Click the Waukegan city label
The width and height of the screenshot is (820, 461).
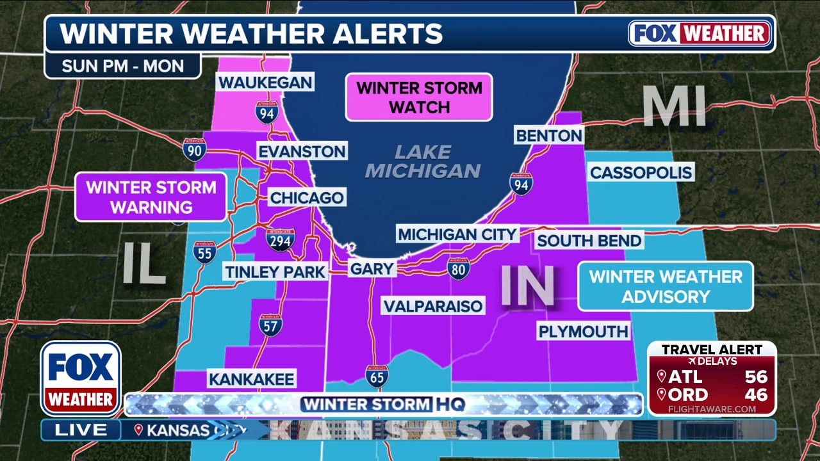(x=265, y=83)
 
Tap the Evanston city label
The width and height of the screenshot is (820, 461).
(x=302, y=151)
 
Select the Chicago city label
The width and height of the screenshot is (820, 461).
(x=307, y=197)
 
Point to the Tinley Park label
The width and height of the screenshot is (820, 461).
(x=275, y=271)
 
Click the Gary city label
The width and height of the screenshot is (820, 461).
(x=372, y=269)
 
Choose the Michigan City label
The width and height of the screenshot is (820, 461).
(x=457, y=234)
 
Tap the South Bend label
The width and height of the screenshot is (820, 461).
(x=589, y=241)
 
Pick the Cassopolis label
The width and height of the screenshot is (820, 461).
(x=641, y=172)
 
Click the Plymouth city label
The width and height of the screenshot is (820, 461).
(x=583, y=331)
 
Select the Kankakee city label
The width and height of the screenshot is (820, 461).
(x=251, y=378)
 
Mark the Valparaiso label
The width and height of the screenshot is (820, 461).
(x=433, y=306)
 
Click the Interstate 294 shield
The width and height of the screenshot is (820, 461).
(x=281, y=239)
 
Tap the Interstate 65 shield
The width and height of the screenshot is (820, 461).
(x=376, y=376)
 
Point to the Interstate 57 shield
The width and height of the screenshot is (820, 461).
(x=271, y=325)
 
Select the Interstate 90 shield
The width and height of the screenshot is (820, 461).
(x=194, y=149)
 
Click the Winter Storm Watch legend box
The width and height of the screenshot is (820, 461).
(x=419, y=97)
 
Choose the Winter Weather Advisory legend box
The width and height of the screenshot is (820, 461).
(x=666, y=286)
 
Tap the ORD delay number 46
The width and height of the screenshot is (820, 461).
(x=756, y=394)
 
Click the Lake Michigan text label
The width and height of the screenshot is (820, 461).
(x=422, y=161)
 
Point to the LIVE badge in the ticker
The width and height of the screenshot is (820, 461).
(x=81, y=430)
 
